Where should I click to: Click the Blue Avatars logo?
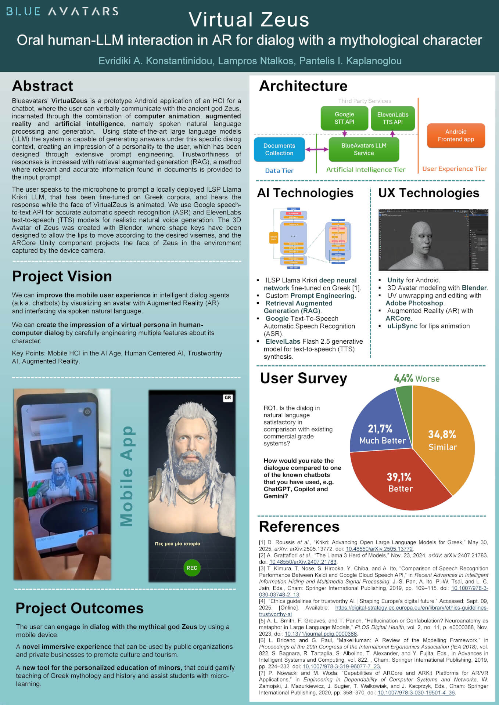(x=62, y=11)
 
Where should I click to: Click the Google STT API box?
(x=344, y=118)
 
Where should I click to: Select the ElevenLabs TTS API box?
(x=392, y=118)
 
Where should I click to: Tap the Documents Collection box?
(x=279, y=149)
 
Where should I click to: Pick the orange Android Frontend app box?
(x=456, y=135)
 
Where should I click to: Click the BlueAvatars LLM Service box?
(x=364, y=149)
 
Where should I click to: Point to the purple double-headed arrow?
(x=317, y=149)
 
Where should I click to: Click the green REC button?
(x=192, y=568)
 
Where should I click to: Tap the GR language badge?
(x=228, y=398)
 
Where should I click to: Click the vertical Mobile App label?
(x=127, y=476)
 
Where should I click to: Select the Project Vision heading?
(x=62, y=276)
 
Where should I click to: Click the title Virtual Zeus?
(x=249, y=19)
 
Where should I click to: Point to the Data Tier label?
(x=279, y=170)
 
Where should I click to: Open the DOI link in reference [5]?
(x=320, y=634)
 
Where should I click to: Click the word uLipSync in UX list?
(x=402, y=326)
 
